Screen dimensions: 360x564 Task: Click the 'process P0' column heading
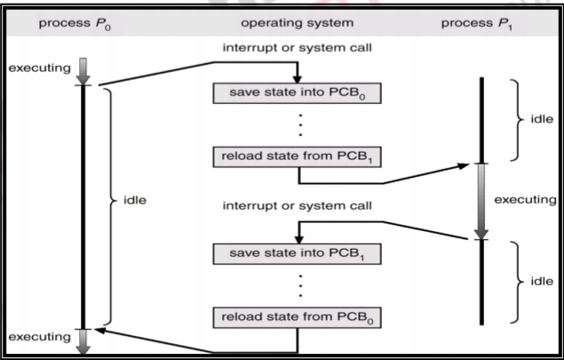(67, 20)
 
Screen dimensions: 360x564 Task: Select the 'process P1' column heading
(481, 20)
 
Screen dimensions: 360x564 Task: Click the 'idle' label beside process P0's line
(136, 202)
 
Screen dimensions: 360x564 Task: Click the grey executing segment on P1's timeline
(481, 201)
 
